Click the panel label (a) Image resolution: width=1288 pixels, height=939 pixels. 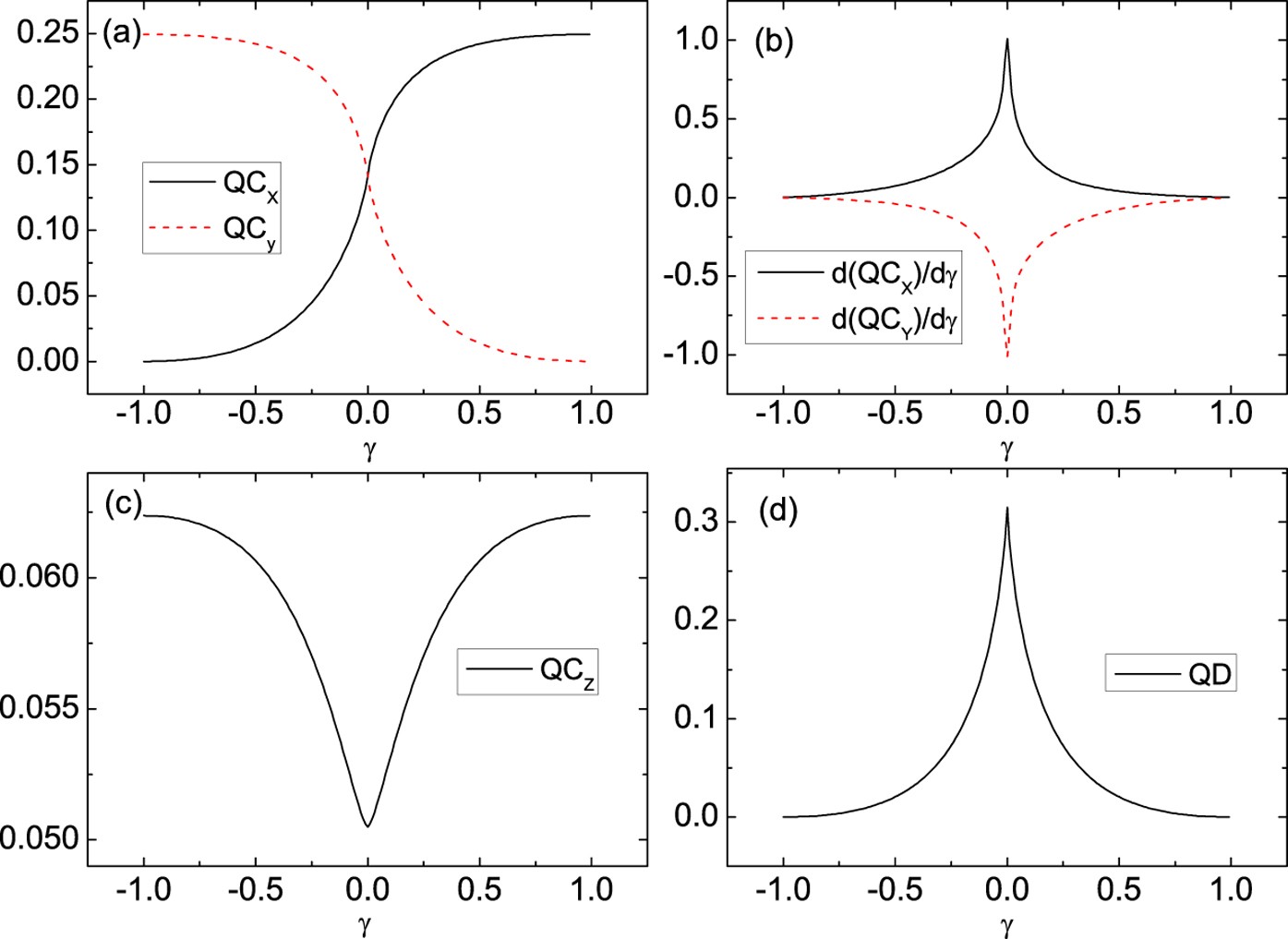tap(121, 34)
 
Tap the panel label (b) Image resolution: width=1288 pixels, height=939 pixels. tap(774, 42)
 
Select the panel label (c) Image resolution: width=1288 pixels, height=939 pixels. tap(123, 504)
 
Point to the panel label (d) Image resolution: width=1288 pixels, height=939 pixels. tap(776, 510)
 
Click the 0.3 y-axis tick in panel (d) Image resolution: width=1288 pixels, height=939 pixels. tap(693, 522)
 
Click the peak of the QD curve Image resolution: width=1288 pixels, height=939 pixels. tap(1007, 508)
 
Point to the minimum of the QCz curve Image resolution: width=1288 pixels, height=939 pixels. tap(367, 825)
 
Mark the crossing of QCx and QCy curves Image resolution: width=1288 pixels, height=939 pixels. tap(368, 172)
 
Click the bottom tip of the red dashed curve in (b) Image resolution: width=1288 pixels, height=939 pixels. tap(1007, 355)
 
